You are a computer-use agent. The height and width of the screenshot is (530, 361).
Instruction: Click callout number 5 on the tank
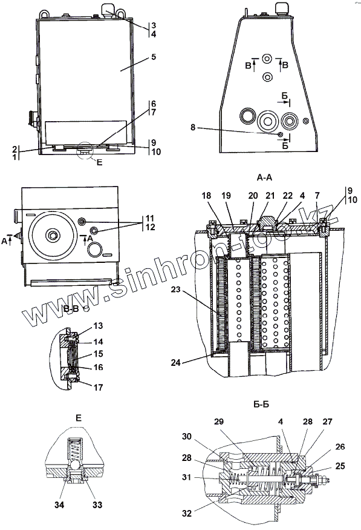coord(154,57)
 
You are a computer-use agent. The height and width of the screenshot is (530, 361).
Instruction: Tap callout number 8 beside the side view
coord(193,128)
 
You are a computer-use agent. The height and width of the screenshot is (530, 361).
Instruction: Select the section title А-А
coord(264,178)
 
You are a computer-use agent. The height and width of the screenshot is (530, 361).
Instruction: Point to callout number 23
coord(176,290)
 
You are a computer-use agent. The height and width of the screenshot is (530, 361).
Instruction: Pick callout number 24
coord(176,363)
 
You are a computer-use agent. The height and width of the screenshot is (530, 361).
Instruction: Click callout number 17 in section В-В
coord(98,388)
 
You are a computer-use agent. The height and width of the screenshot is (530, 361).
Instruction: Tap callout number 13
coord(98,326)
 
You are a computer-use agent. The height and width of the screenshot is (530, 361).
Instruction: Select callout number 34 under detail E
coord(59,505)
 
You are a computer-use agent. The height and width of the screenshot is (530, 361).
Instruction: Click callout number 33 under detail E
coord(97,505)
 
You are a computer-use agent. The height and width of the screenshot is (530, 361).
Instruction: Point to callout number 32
coord(187,514)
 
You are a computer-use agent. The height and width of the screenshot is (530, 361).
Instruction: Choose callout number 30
coord(187,437)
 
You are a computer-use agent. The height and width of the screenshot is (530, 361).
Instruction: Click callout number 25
coord(340,466)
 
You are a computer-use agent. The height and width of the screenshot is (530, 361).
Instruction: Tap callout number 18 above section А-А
coord(206,196)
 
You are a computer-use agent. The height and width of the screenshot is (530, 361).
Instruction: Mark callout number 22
coord(288,196)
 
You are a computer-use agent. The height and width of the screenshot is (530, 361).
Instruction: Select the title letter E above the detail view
coord(79,418)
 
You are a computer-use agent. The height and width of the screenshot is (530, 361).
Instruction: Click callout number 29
coord(219,422)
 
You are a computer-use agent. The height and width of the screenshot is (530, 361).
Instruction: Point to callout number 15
coord(98,354)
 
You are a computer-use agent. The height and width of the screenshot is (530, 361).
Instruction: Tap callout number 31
coord(187,477)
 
